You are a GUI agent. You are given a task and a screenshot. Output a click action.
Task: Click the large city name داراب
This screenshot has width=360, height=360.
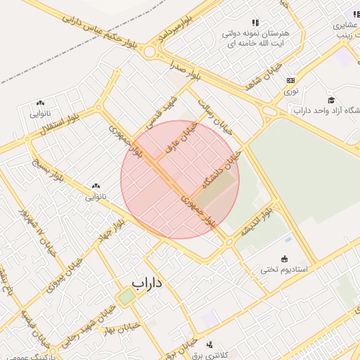coord(146,283)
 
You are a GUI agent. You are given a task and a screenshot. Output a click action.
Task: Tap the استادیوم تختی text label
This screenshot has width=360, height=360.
coord(285,269)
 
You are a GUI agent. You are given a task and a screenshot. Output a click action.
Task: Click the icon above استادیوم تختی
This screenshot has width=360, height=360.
coord(285,258)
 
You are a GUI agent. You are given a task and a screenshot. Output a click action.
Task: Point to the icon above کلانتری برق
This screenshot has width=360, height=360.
coord(210,344)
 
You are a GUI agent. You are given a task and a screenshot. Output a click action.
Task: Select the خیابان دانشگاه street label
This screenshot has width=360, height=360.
coord(222,168)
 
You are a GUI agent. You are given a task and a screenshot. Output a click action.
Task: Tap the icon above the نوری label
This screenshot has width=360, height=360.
coord(290,80)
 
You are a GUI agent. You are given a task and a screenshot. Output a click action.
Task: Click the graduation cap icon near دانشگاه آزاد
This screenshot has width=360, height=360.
coord(331,100)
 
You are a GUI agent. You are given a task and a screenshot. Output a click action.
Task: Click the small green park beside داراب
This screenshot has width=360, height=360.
coord(127,297)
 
